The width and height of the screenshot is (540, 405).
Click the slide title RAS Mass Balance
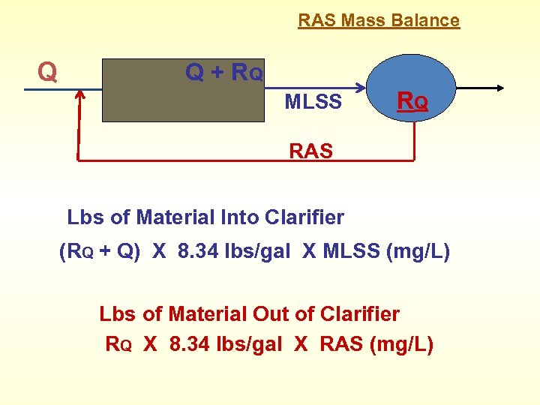pyautogui.click(x=379, y=20)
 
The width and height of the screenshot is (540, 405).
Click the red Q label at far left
pyautogui.click(x=47, y=72)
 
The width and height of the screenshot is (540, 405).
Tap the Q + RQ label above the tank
pyautogui.click(x=223, y=73)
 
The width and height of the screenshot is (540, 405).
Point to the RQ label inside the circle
pyautogui.click(x=412, y=100)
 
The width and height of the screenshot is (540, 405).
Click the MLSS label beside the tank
pyautogui.click(x=313, y=102)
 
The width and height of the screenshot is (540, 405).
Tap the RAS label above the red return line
pyautogui.click(x=310, y=151)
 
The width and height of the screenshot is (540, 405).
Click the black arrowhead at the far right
pyautogui.click(x=500, y=88)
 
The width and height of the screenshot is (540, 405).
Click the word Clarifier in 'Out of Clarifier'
pyautogui.click(x=359, y=313)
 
